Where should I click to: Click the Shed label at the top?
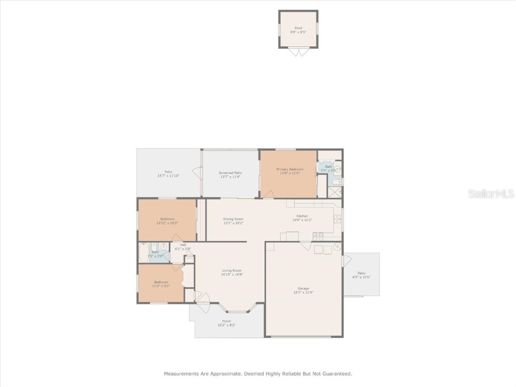(298, 28)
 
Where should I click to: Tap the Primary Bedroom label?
(290, 169)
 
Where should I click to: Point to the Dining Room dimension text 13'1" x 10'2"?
(233, 223)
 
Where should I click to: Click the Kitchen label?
(302, 216)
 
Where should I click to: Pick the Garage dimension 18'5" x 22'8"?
(303, 292)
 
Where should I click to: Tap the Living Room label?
(232, 271)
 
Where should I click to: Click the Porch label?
(226, 321)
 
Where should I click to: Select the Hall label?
(183, 245)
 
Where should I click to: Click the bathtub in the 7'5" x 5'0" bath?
(144, 252)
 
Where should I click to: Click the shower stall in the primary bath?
(335, 192)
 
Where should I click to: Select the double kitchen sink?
(337, 219)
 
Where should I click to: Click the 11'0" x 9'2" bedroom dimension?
(161, 286)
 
